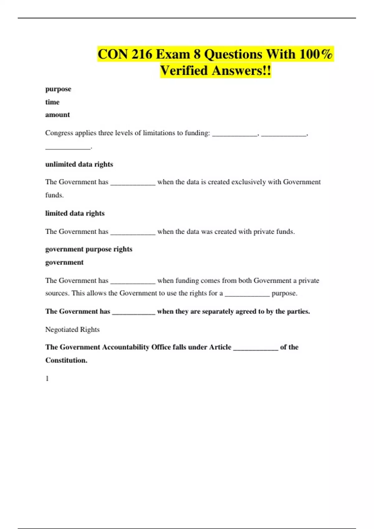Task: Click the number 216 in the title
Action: coord(142,54)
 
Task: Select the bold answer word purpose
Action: coord(58,89)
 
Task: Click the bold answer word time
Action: coord(52,102)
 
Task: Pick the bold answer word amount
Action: coord(58,115)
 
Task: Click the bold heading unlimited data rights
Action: coord(79,164)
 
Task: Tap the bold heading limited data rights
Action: coord(75,213)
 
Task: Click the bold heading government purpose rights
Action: coord(89,249)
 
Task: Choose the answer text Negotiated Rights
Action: coord(72,330)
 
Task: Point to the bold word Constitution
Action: coord(66,360)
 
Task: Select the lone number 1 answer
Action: coord(47,379)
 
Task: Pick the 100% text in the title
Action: coord(316,54)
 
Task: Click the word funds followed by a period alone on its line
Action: coord(54,195)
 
